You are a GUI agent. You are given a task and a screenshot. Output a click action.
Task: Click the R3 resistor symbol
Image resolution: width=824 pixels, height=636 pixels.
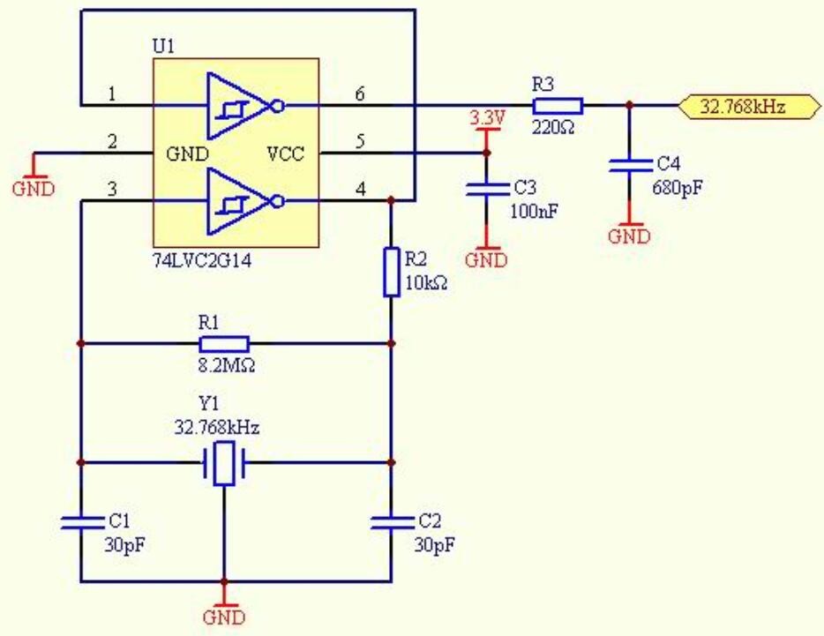(558, 106)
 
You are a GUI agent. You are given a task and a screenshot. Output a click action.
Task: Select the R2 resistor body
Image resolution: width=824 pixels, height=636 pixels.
(391, 273)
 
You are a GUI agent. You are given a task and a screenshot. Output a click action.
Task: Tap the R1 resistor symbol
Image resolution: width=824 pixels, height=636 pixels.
(224, 344)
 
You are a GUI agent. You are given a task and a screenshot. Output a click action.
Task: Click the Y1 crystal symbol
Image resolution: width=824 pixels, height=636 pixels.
(224, 463)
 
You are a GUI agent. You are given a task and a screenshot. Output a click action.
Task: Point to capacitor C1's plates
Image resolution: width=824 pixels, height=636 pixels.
(83, 522)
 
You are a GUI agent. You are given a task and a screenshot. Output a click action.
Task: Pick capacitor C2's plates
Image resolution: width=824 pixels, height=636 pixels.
(392, 522)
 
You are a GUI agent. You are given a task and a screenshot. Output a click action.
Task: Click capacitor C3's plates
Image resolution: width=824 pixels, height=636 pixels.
(487, 190)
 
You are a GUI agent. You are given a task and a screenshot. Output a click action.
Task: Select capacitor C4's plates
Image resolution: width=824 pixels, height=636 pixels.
(630, 166)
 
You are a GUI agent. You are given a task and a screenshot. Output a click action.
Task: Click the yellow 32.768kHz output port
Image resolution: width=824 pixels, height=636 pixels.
(749, 107)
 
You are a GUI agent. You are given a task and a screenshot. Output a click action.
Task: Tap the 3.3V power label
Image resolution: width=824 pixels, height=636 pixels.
(487, 117)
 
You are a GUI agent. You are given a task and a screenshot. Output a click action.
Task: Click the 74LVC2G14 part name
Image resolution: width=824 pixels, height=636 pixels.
(202, 260)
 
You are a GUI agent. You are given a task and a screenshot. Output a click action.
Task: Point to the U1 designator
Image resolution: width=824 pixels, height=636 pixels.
(163, 46)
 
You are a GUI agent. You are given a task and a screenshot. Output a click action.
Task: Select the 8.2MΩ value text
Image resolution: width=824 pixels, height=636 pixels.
(227, 365)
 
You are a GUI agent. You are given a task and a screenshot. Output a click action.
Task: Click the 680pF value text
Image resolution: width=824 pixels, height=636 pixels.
(678, 187)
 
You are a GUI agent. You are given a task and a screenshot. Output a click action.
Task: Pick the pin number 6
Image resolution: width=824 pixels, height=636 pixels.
(359, 94)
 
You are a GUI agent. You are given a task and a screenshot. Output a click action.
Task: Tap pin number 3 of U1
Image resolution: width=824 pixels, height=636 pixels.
(112, 189)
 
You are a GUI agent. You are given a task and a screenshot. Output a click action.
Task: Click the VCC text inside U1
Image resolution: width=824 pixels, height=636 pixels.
(285, 153)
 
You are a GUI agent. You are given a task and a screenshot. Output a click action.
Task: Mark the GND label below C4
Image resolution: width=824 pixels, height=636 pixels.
(629, 236)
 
